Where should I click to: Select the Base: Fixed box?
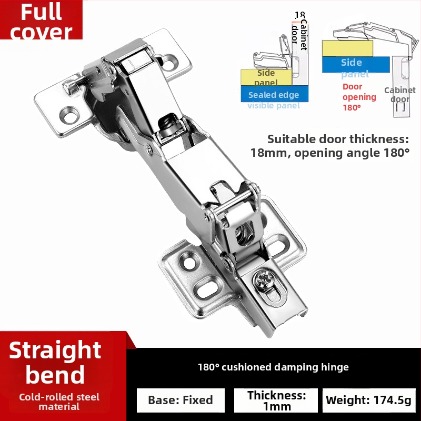pyautogui.click(x=181, y=400)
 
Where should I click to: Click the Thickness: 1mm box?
pyautogui.click(x=276, y=400)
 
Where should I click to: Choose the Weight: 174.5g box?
pyautogui.click(x=368, y=400)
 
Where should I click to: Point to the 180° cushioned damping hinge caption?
pyautogui.click(x=273, y=367)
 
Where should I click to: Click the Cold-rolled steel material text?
pyautogui.click(x=59, y=402)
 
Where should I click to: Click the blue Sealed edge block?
pyautogui.click(x=273, y=95)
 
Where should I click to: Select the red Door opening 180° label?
pyautogui.click(x=359, y=97)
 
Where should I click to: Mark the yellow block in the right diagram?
pyautogui.click(x=347, y=48)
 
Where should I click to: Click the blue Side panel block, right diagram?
pyautogui.click(x=355, y=64)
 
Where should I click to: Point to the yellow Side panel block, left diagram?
pyautogui.click(x=266, y=77)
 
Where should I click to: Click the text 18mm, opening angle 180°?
pyautogui.click(x=330, y=153)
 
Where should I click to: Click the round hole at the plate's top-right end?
pyautogui.click(x=170, y=63)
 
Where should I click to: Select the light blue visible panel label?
pyautogui.click(x=274, y=106)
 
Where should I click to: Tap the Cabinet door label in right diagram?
pyautogui.click(x=399, y=95)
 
